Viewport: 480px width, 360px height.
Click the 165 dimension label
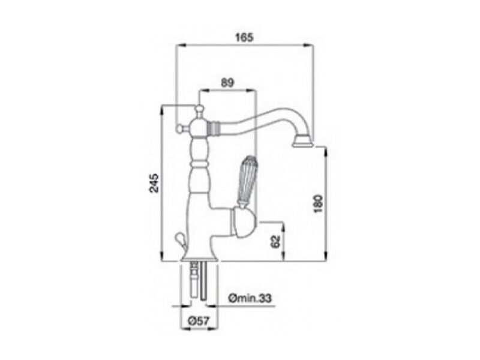pos(244,38)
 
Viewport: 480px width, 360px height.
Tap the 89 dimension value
pos(227,82)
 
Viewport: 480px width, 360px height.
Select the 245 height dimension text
pos(154,183)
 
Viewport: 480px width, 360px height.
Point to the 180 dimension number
pos(319,203)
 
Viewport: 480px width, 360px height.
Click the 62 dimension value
pos(276,242)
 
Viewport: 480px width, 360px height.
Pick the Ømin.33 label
pos(250,298)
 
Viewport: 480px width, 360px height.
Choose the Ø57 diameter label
pos(199,321)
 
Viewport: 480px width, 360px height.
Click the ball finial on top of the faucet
pos(199,109)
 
